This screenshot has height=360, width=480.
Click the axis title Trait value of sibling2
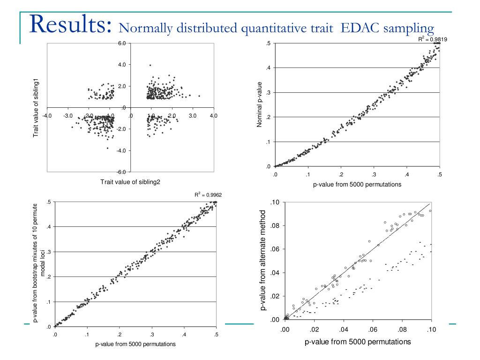pyautogui.click(x=130, y=182)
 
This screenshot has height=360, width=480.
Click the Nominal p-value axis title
pyautogui.click(x=259, y=105)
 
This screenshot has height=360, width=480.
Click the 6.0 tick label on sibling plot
pyautogui.click(x=122, y=44)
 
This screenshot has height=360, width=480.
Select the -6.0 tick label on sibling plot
pyautogui.click(x=121, y=172)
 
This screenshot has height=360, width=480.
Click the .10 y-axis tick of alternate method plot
pyautogui.click(x=275, y=202)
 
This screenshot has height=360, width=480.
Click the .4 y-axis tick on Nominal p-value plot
pyautogui.click(x=268, y=68)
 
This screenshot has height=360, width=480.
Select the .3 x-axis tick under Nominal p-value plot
pyautogui.click(x=374, y=175)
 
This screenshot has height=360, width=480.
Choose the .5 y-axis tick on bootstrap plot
pyautogui.click(x=49, y=202)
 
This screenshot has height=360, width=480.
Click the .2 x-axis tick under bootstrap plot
pyautogui.click(x=119, y=334)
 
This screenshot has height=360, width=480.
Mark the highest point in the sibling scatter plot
pyautogui.click(x=150, y=65)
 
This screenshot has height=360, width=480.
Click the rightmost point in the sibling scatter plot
pyautogui.click(x=199, y=96)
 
